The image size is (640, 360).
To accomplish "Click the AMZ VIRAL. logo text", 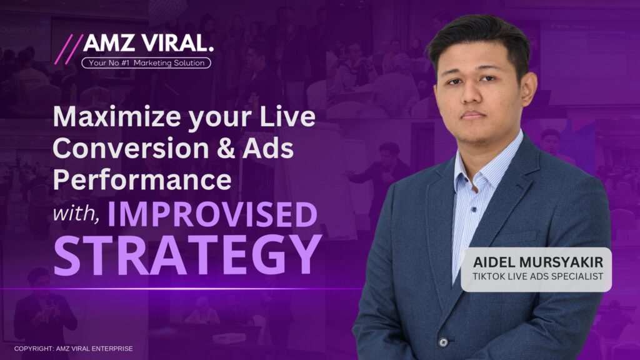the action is click(149, 43).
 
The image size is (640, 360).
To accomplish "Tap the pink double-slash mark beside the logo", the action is click(69, 49).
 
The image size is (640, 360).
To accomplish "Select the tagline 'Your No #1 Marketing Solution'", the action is click(146, 63).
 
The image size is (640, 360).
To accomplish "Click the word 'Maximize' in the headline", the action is click(117, 117).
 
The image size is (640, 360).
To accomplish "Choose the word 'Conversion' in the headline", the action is click(131, 148).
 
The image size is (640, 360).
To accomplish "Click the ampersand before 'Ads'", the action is click(226, 148).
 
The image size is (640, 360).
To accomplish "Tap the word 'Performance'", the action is click(142, 181).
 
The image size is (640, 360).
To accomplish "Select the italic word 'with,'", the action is click(76, 214).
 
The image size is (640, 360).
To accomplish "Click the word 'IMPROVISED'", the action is click(212, 214).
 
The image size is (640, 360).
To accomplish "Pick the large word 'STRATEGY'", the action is click(187, 255).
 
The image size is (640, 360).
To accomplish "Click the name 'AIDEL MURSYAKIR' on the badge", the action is click(538, 262).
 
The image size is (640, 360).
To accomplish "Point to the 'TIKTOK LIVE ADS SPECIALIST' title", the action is click(538, 277).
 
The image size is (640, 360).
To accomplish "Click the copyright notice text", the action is click(74, 349).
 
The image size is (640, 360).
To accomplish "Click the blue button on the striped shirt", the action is click(474, 209).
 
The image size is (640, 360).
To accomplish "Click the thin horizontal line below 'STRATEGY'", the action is click(182, 289).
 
